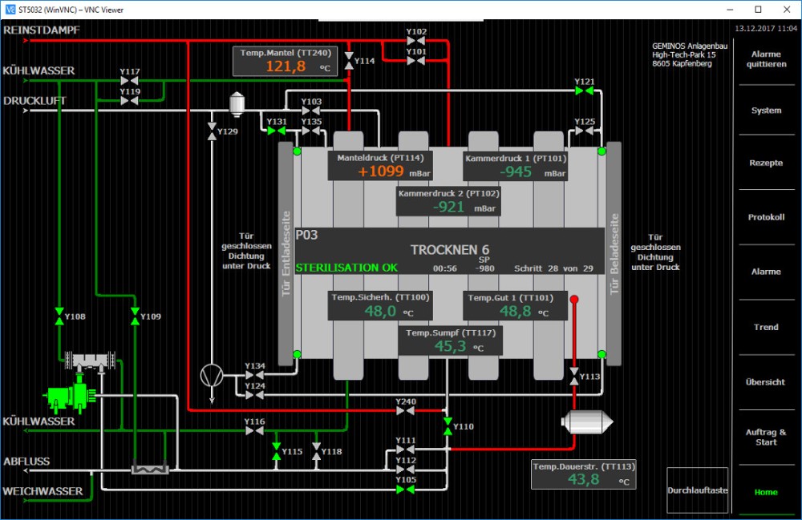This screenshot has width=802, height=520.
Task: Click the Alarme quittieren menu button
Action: [766, 59]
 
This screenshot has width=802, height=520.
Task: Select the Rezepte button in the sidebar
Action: [766, 163]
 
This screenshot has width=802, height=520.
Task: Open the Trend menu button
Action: [766, 327]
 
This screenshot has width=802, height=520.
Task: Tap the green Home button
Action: [766, 492]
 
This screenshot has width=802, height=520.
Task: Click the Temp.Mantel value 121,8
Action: [286, 67]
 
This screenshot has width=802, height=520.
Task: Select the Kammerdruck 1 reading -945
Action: [516, 171]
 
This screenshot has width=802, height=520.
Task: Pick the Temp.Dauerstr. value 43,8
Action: [583, 479]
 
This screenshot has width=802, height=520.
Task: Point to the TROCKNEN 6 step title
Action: [449, 249]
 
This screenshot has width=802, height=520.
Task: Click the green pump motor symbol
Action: [71, 395]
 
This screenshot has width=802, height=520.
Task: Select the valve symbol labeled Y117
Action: [130, 82]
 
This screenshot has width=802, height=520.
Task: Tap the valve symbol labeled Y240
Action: [405, 411]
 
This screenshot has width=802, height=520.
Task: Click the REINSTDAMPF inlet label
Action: [42, 30]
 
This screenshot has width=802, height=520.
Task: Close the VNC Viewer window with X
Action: [785, 10]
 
